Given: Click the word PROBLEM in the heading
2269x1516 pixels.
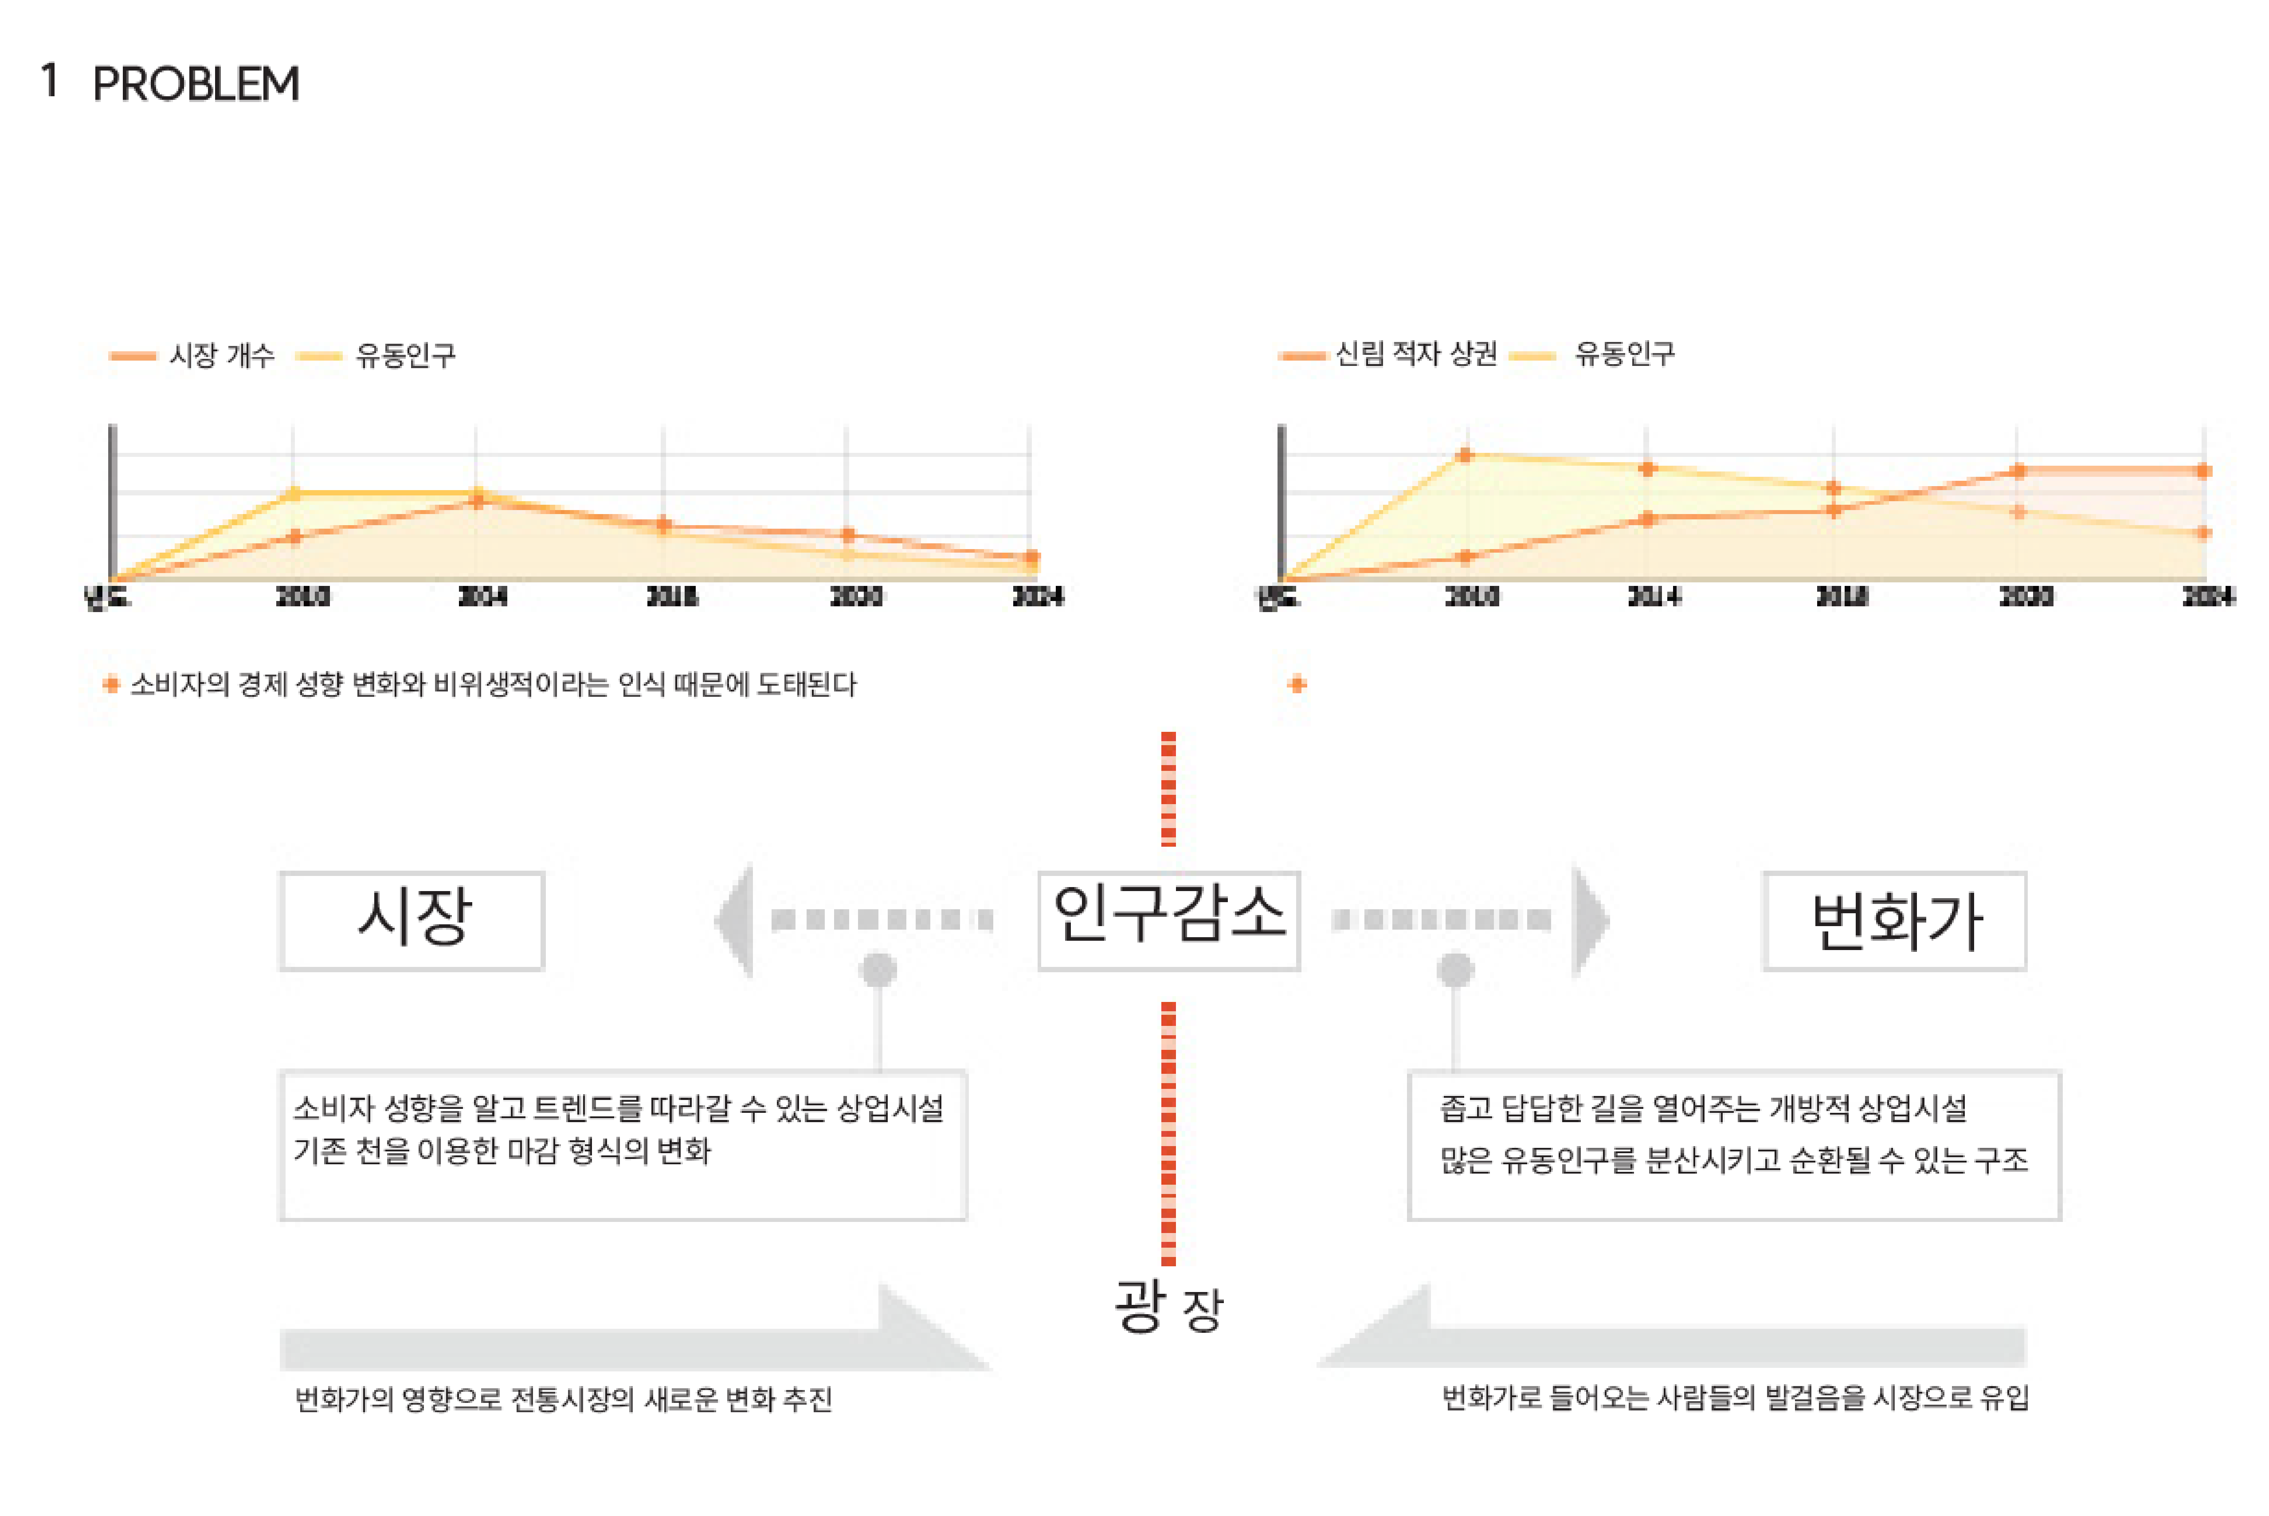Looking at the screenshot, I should coord(196,84).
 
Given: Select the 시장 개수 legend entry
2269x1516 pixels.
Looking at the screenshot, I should coord(221,356).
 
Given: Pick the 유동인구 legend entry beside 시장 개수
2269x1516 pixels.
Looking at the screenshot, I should coord(405,356).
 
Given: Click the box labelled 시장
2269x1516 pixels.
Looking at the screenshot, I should coord(413,920).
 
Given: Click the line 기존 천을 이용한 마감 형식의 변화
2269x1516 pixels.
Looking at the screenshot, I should coord(502,1151).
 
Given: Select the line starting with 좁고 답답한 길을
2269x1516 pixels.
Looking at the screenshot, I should coord(1703,1108).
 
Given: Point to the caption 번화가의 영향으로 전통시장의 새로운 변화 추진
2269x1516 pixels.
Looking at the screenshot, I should coord(564,1399).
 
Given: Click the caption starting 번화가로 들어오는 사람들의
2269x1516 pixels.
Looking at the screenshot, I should coord(1735,1397).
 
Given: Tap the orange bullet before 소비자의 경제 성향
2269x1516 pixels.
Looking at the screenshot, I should coord(111,684).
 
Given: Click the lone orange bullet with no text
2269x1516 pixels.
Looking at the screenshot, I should coord(1297,684).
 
